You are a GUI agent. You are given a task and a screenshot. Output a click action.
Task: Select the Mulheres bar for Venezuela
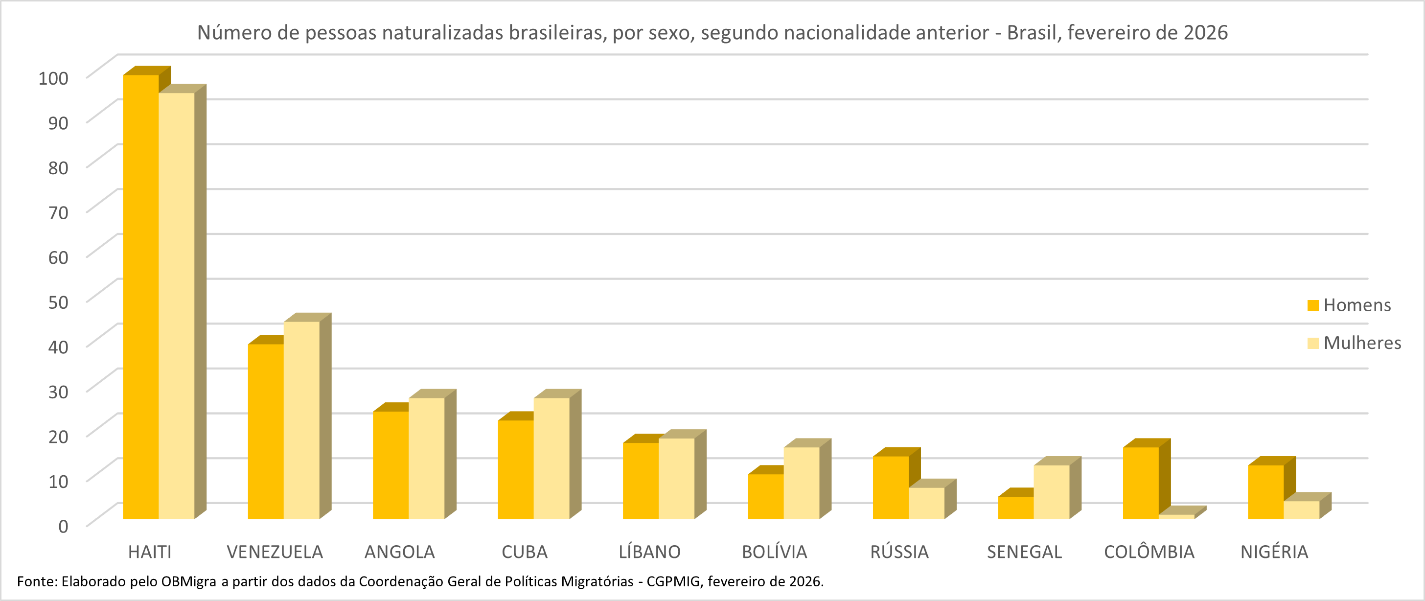coord(301,420)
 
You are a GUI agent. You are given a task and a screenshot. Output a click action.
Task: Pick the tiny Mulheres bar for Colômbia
coord(1176,517)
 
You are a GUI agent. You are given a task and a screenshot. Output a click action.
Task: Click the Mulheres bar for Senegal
coord(1052,492)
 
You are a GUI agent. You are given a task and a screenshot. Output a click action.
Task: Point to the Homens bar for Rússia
coord(891,487)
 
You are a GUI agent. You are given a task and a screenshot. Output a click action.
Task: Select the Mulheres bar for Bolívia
coord(802,483)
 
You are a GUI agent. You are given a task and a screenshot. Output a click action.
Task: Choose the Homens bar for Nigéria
coord(1265,492)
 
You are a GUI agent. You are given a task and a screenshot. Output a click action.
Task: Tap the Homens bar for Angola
coord(391,465)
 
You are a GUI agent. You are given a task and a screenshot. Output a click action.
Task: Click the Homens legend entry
coord(1356,305)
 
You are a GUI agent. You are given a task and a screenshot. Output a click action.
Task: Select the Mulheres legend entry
coord(1362,343)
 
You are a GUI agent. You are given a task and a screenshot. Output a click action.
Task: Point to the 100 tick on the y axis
coord(54,78)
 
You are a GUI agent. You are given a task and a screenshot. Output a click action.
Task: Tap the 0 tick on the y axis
coord(64,526)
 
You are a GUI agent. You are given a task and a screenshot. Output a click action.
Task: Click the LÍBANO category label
coord(649,552)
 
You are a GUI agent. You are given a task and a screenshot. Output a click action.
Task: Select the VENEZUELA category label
coord(275,552)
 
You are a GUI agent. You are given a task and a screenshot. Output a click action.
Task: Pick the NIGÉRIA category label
coord(1274,552)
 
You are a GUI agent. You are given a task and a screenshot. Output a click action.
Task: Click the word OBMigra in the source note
coord(188,581)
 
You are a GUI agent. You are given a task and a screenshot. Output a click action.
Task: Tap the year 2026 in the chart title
coord(1205,33)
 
